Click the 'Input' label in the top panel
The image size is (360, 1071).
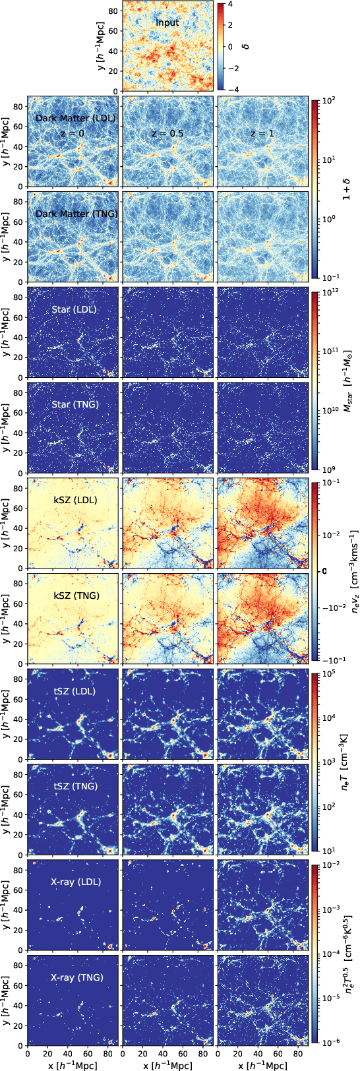(x=167, y=23)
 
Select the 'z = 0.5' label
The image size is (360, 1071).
(x=167, y=133)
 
